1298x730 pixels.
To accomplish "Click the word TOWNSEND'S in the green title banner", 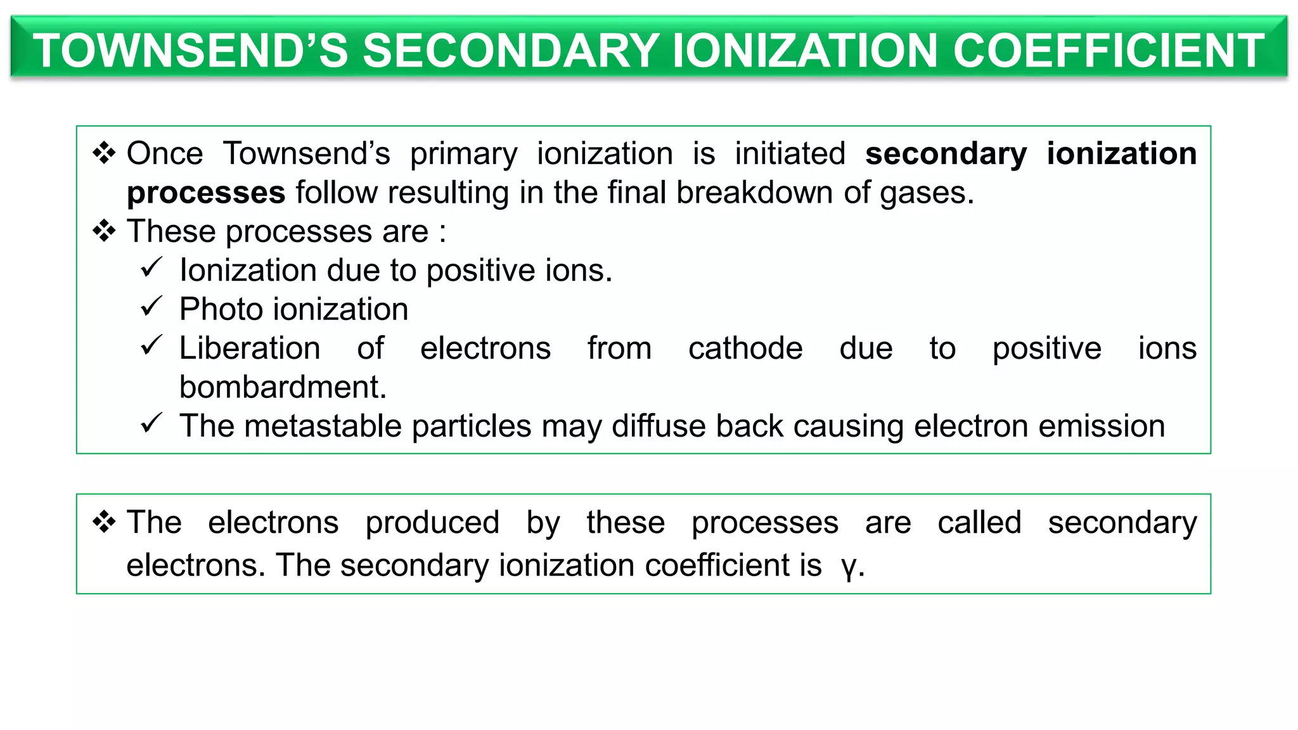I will tap(190, 51).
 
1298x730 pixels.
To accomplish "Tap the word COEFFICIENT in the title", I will tap(1108, 51).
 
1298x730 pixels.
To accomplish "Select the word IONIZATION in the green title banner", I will tap(804, 51).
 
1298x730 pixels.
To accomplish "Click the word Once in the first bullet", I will tap(165, 154).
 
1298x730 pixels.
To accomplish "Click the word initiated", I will tap(790, 154).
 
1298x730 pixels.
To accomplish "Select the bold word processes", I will tap(206, 193).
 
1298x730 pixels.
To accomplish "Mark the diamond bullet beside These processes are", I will tap(104, 231).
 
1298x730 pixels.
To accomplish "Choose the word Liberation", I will tap(250, 349).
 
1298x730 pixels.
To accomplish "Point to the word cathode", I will tap(745, 349).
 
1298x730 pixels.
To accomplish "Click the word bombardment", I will tap(283, 387).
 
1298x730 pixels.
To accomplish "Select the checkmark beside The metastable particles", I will tap(151, 423).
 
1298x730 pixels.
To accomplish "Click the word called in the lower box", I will tap(979, 523).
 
